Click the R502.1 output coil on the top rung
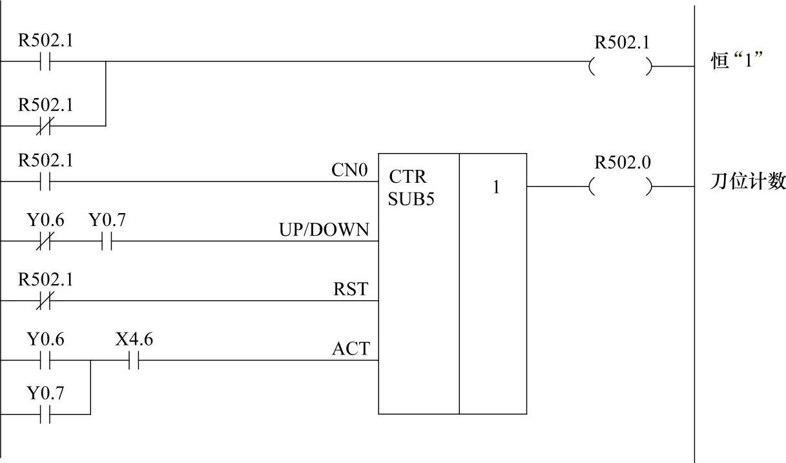click(x=621, y=67)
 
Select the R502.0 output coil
click(x=621, y=187)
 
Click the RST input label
click(x=351, y=289)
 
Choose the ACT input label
click(x=351, y=349)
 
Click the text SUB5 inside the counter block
click(x=411, y=199)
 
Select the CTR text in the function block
click(x=408, y=177)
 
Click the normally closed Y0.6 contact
click(x=45, y=242)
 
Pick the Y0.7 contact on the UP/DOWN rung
click(x=107, y=242)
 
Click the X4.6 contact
click(x=134, y=361)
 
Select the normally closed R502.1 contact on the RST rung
click(x=45, y=301)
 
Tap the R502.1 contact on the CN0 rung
click(x=45, y=182)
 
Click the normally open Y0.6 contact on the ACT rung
click(x=45, y=361)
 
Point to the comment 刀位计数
click(x=747, y=183)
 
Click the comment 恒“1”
click(x=737, y=63)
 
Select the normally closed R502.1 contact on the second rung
click(x=45, y=125)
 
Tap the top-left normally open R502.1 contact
click(x=45, y=62)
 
